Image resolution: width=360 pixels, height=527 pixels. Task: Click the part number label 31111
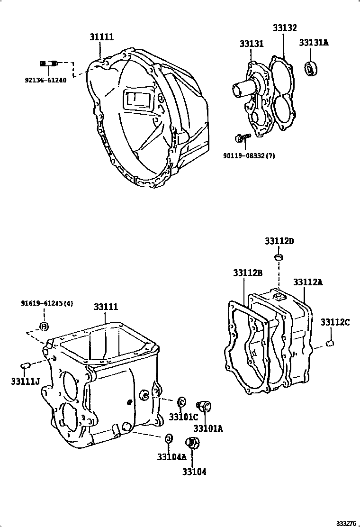coord(101,37)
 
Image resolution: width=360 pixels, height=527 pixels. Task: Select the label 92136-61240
coord(45,80)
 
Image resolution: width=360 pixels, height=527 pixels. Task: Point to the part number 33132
coord(284,27)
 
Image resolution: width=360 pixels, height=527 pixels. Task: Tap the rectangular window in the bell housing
coord(137,100)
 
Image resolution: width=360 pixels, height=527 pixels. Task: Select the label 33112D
coord(279,241)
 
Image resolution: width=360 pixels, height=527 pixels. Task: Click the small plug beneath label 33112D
coord(279,257)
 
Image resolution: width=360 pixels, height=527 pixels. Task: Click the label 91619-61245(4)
coord(47,303)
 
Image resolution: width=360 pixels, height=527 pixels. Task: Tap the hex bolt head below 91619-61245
coord(44,326)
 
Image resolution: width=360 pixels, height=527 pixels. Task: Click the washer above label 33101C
coord(181,402)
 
